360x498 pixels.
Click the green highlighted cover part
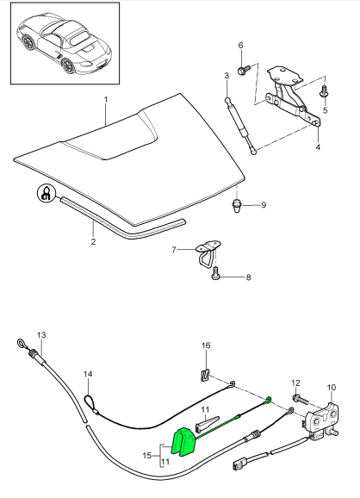[183, 442]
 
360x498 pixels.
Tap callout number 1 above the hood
[106, 100]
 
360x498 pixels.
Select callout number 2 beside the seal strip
[93, 241]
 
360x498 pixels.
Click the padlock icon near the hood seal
[44, 195]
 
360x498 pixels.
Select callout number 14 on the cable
[87, 374]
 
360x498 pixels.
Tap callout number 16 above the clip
[205, 345]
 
